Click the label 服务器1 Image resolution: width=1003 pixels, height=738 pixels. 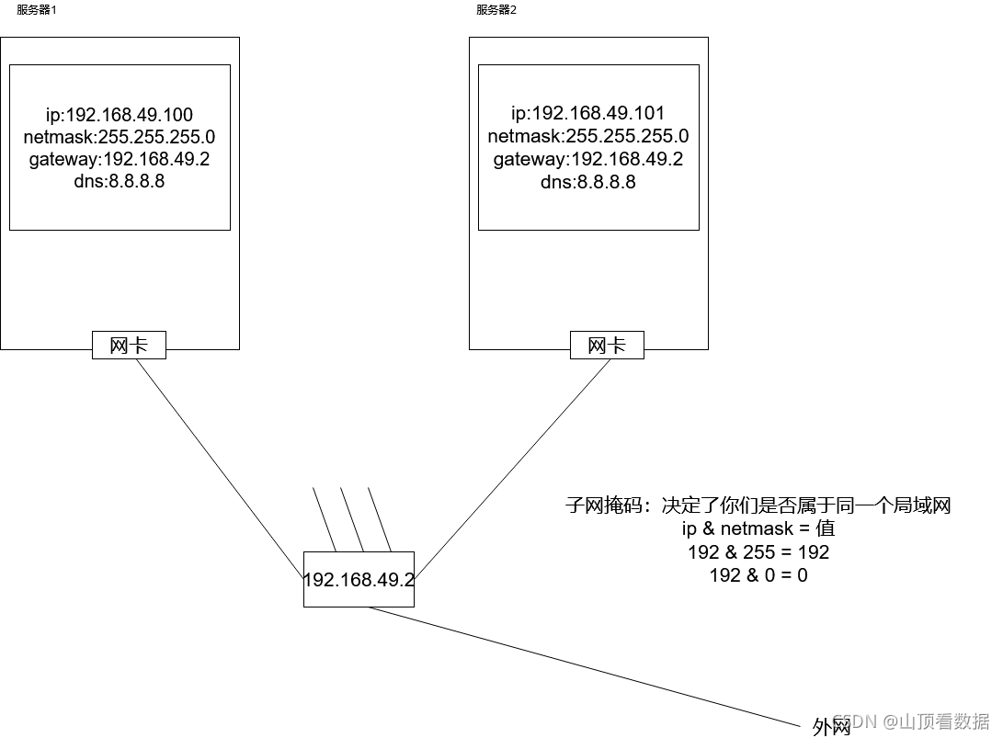pos(36,10)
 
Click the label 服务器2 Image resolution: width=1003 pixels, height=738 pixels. pos(496,10)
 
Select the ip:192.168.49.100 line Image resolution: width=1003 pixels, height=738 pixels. pos(120,115)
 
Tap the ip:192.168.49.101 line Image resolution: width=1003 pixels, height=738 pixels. pos(587,114)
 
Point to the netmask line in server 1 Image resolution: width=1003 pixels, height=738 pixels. pos(120,137)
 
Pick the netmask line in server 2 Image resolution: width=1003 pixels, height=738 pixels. pos(587,137)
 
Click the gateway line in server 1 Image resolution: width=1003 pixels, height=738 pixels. pos(120,159)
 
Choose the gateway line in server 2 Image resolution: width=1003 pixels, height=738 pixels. pos(587,160)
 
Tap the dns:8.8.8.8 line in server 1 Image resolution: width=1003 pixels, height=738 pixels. pos(120,181)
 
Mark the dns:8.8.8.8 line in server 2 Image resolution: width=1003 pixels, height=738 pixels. pos(587,182)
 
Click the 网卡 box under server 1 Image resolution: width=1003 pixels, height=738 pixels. pos(129,346)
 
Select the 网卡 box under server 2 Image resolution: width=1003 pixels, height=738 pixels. pos(607,346)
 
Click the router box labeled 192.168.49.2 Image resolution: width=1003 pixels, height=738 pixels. pos(359,580)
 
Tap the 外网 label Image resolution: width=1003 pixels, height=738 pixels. pos(831,727)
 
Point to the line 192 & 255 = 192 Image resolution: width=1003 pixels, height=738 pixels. pos(758,552)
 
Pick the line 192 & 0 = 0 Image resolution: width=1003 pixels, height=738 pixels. pos(758,575)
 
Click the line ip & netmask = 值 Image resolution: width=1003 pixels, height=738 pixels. pos(758,529)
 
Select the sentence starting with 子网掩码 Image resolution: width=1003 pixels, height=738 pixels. pos(758,505)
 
